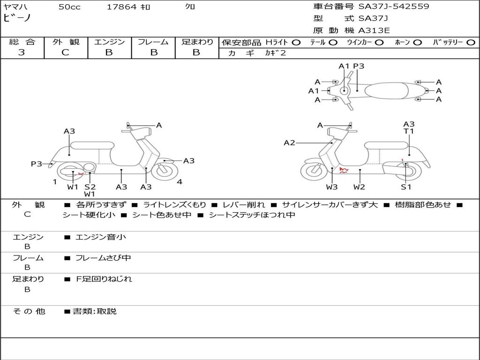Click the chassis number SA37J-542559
tap(394, 7)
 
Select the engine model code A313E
tap(374, 31)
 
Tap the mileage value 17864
tap(121, 7)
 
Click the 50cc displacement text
tap(69, 7)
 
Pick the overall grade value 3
tap(22, 52)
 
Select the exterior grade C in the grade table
tap(65, 52)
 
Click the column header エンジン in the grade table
tap(109, 42)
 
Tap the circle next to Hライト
tap(296, 42)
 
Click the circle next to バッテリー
tap(471, 42)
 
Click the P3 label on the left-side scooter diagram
tap(37, 164)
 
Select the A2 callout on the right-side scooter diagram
tap(290, 142)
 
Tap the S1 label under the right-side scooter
tap(406, 187)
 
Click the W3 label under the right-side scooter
tap(332, 187)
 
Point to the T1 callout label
tap(409, 131)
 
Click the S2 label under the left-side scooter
tap(90, 187)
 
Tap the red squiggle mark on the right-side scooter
tap(344, 170)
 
